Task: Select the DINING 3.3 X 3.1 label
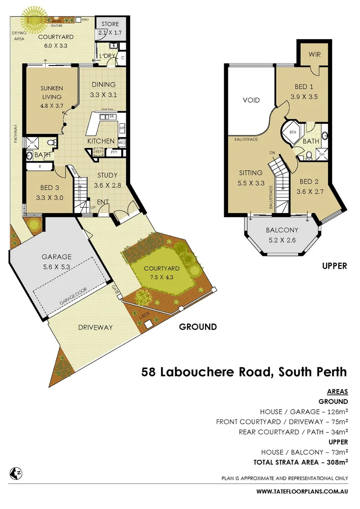pos(103,89)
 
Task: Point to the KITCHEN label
pos(101,141)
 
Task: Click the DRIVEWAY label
pos(95,327)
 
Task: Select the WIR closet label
pos(315,55)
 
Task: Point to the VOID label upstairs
pos(251,100)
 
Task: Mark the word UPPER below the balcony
pos(334,266)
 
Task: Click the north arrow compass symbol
pos(16,473)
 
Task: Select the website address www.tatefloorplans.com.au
pos(302,492)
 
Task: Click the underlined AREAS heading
pos(337,392)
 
